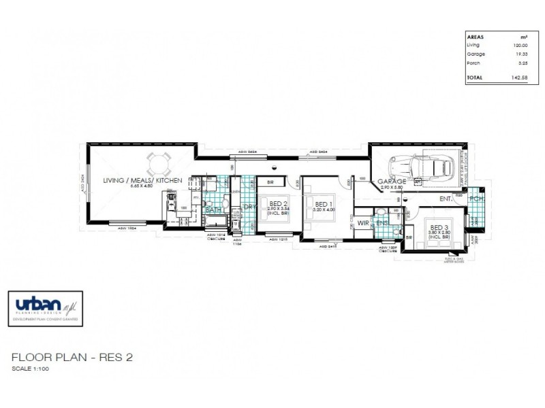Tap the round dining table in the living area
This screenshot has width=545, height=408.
tap(159, 163)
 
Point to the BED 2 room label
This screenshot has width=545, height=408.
tap(278, 204)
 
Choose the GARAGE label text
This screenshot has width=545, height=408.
tap(392, 182)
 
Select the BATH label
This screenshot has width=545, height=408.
tap(214, 210)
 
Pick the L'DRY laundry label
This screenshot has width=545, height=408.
tap(248, 206)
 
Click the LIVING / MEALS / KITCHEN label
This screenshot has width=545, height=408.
tap(142, 180)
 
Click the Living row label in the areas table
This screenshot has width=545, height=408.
tap(473, 44)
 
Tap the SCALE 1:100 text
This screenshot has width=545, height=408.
tap(31, 369)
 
